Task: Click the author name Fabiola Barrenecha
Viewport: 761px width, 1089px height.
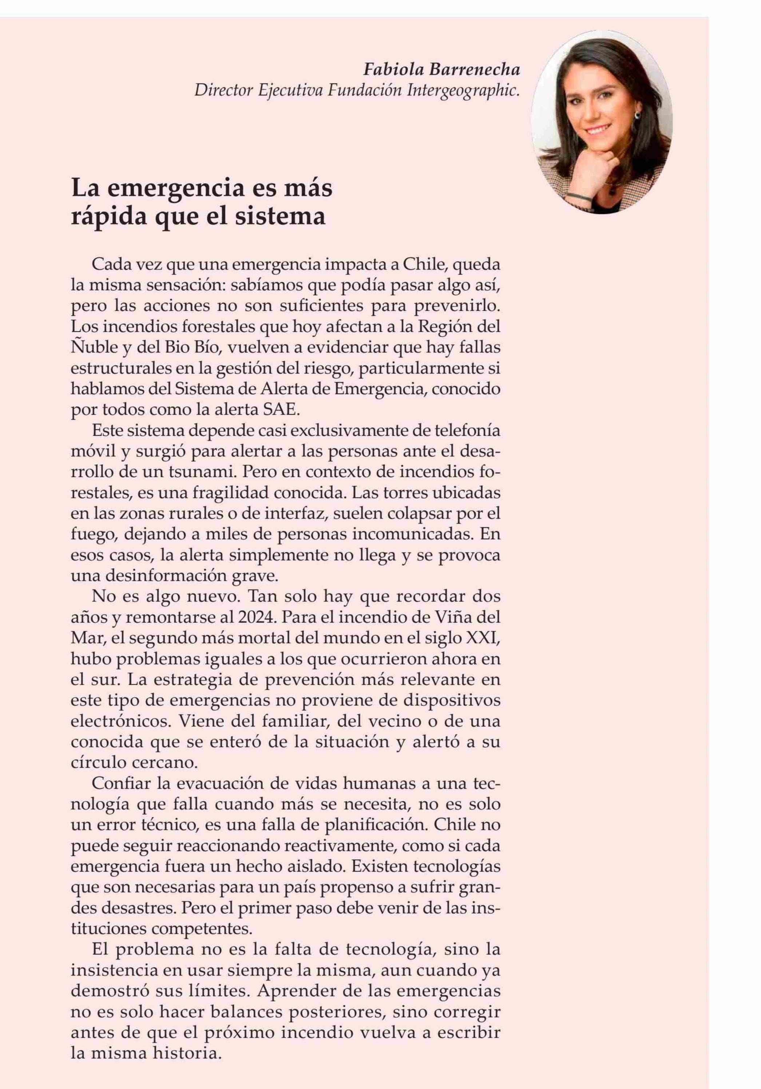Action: tap(441, 70)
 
